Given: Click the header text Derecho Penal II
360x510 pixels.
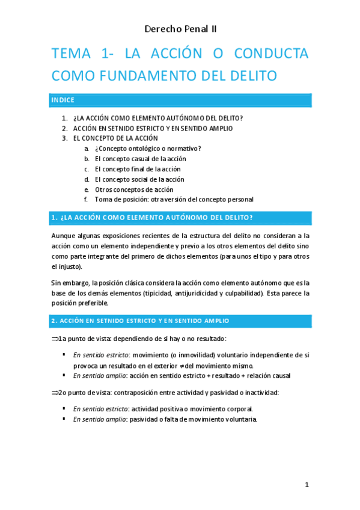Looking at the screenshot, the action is pos(180,28).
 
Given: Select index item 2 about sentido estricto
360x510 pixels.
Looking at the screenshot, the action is pos(153,128).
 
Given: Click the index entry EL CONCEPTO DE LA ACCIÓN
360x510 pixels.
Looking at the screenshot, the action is pos(120,138).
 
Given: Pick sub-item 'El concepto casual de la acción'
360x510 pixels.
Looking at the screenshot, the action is pos(140,159).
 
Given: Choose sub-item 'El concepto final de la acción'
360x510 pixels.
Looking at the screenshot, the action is pos(138,169).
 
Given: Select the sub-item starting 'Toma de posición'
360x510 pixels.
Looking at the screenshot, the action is pos(174,199).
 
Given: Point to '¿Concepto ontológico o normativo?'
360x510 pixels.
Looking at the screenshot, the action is pos(148,149).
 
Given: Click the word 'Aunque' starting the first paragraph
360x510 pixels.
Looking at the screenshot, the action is pos(63,236).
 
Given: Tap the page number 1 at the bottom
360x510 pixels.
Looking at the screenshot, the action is pos(307,485).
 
